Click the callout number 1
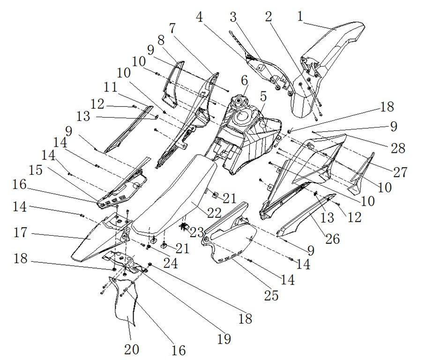click(300, 16)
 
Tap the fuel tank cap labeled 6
click(239, 103)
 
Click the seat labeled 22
click(174, 195)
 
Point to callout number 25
click(271, 296)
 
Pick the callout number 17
click(20, 232)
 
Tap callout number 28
click(398, 148)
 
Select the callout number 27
click(400, 172)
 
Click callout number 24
click(170, 263)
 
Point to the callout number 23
click(196, 232)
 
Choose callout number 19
click(224, 339)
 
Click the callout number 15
click(36, 170)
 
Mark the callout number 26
click(333, 239)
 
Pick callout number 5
click(263, 97)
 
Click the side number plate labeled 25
click(231, 239)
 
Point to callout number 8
click(161, 40)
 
